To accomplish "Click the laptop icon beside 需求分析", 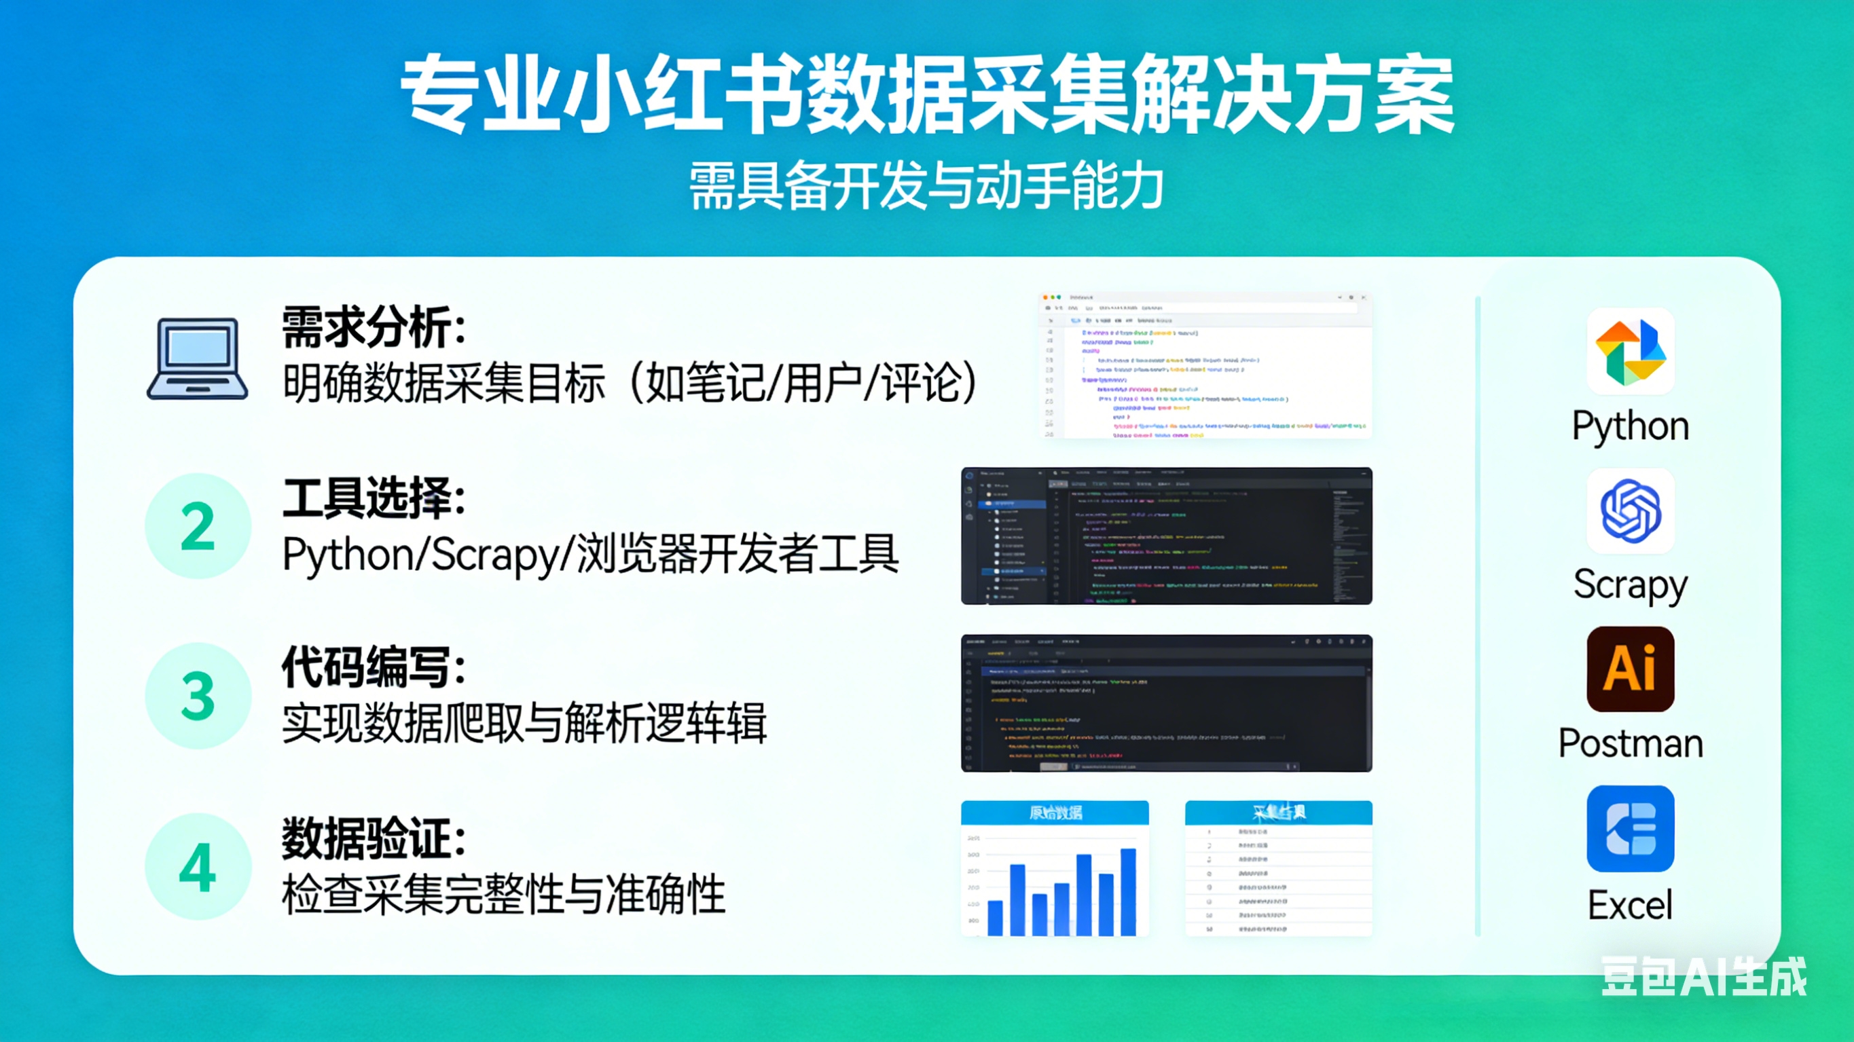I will click(198, 358).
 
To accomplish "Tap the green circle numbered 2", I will click(198, 526).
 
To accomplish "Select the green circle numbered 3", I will click(198, 695).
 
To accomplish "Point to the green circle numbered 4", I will click(198, 866).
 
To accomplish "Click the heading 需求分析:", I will click(373, 327).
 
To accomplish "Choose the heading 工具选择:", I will click(373, 498).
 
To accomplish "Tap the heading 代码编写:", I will click(373, 668).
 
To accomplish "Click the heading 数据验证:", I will click(373, 838).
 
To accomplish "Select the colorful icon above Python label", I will click(1630, 351).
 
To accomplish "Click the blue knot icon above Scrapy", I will click(1630, 511).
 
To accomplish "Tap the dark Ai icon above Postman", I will click(1630, 669).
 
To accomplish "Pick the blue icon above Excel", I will click(1630, 828).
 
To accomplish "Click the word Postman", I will click(1630, 743).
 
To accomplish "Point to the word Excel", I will click(1630, 905).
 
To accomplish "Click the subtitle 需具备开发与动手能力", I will click(926, 186).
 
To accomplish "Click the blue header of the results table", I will click(1278, 813).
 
